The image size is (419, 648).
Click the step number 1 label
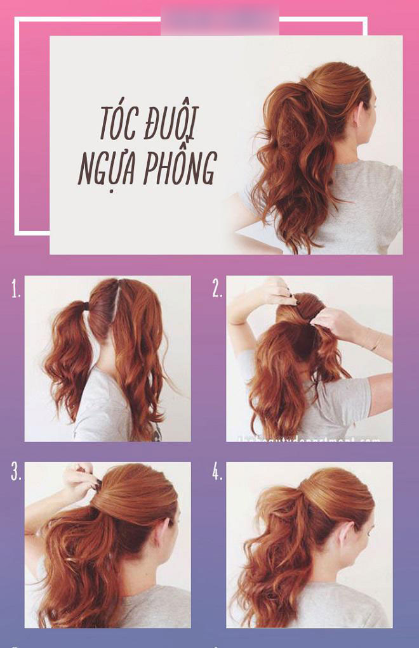coord(16,291)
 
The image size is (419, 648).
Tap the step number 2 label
coord(217,291)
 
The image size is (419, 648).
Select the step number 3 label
coord(16,473)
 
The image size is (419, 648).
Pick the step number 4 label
coord(217,473)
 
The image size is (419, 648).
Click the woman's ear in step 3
coord(164,527)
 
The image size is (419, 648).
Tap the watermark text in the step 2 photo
coord(309,438)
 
